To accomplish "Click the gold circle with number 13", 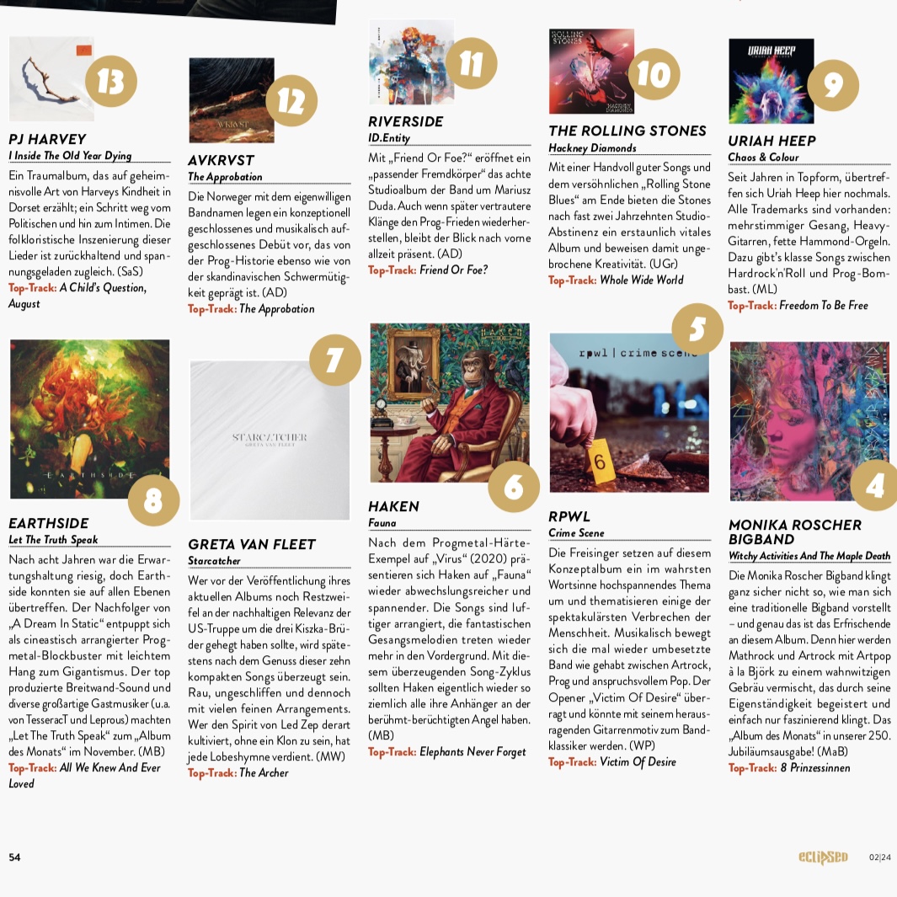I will tap(111, 81).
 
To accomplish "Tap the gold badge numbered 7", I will tap(334, 360).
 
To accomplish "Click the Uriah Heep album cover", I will tap(771, 81).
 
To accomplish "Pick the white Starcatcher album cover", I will tap(270, 440).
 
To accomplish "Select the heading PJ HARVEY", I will tap(47, 139).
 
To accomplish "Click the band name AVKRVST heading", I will tap(221, 160).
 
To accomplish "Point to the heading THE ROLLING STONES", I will tap(627, 131).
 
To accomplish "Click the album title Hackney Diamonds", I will tap(592, 148).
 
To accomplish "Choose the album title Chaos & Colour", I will tap(763, 157).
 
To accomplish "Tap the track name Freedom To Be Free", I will tap(823, 305).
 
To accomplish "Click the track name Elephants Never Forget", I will tap(473, 751).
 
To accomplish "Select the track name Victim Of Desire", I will tap(638, 761).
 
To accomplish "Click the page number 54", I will tap(15, 857).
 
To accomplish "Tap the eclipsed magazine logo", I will tap(823, 857).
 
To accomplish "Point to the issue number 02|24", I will tap(879, 857).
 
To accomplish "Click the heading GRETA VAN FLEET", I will tap(252, 544).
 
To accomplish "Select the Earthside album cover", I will tap(90, 419).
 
